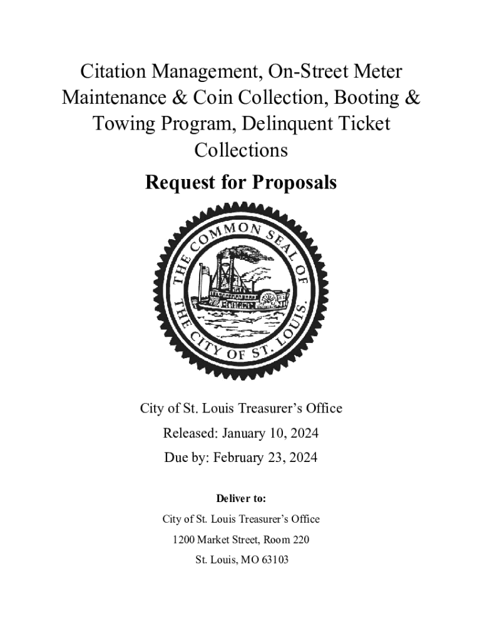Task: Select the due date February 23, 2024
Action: click(265, 458)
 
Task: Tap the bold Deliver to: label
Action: click(241, 499)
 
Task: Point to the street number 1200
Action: click(185, 540)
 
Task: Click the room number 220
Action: click(300, 540)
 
